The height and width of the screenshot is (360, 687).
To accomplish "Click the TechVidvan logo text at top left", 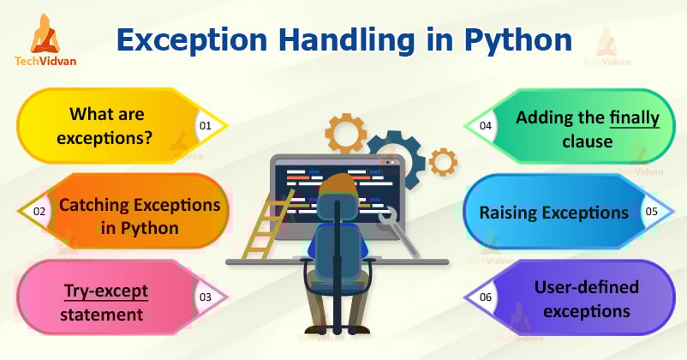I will coord(45,63).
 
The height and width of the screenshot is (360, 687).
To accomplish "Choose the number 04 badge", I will coord(486,125).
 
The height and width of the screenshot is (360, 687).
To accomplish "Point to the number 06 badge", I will coord(486,297).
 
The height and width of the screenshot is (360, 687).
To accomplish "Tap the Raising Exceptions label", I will coord(553,212).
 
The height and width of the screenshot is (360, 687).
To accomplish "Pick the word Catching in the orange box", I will coord(96,206).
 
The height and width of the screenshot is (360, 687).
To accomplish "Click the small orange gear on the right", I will coord(443,160).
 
